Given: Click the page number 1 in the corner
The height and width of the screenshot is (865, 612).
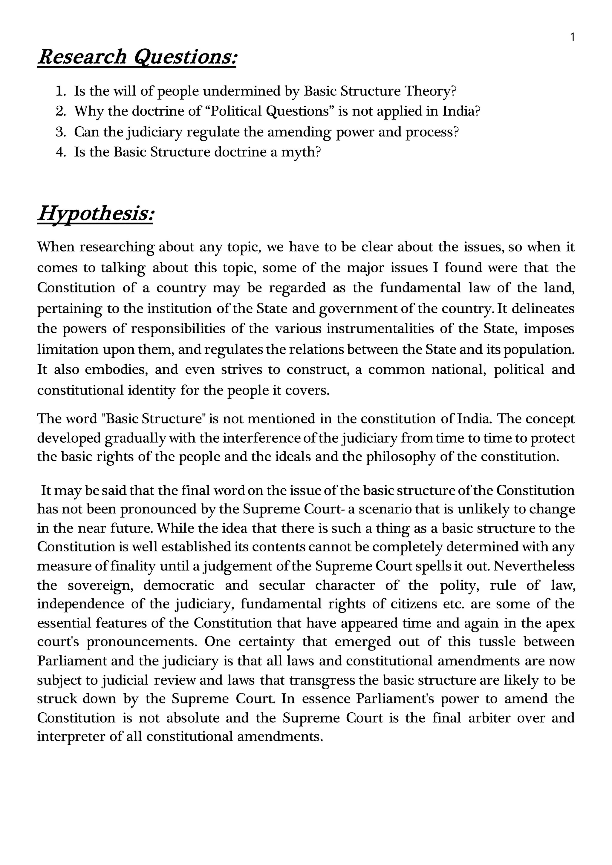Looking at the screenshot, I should (x=572, y=37).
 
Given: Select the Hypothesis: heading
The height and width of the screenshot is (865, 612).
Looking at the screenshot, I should (x=96, y=213).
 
